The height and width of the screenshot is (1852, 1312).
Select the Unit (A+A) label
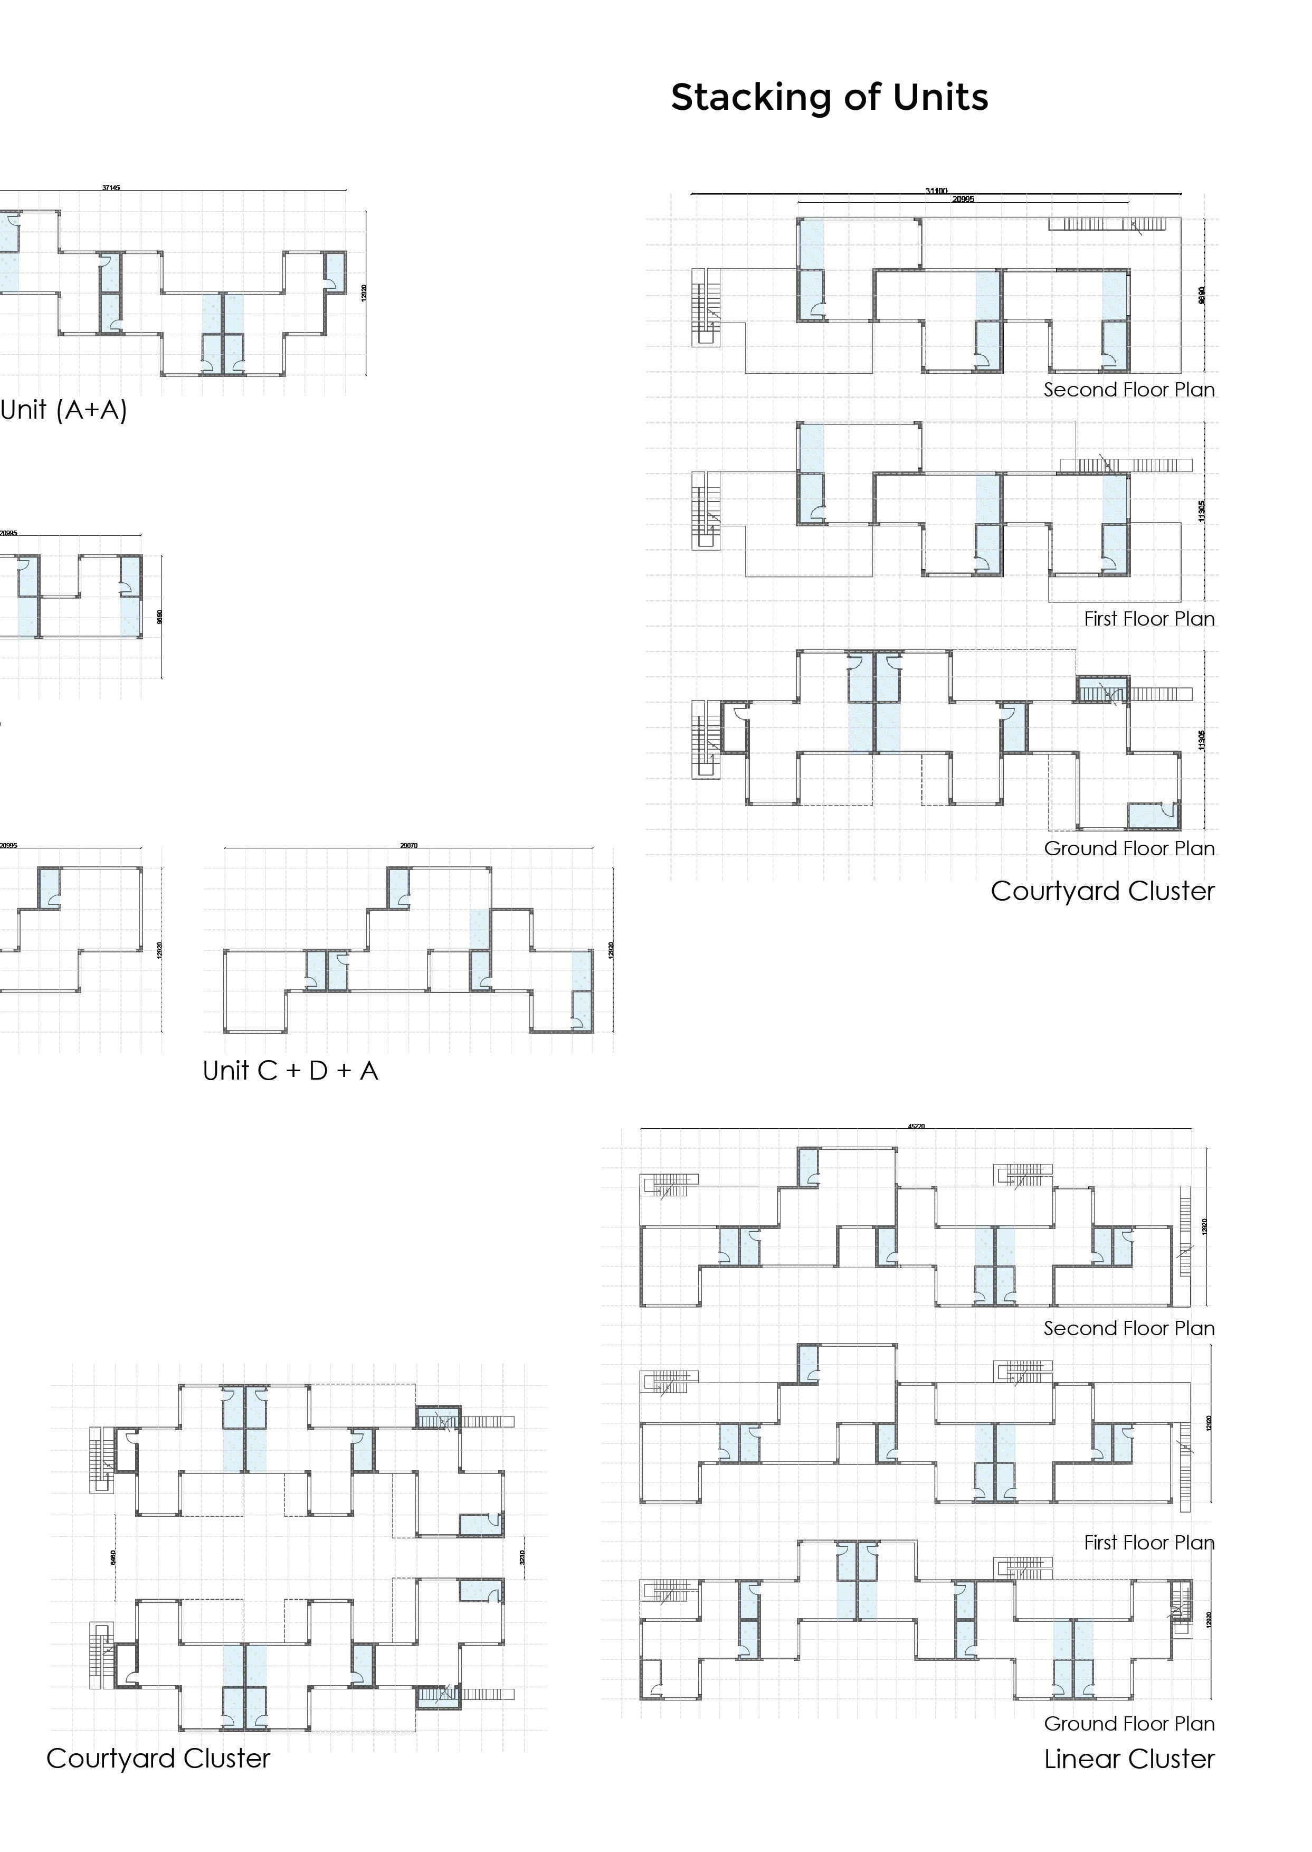pos(64,410)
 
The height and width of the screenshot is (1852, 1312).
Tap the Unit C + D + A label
pos(290,1071)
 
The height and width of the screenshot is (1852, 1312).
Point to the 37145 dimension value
pos(111,187)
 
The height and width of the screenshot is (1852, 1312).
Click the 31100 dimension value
pos(936,191)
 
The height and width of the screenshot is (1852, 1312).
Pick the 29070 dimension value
pos(409,845)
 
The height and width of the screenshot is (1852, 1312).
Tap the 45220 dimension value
pos(916,1126)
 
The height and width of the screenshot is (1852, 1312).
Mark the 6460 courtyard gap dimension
pos(113,1556)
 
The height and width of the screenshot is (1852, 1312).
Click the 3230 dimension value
pos(522,1556)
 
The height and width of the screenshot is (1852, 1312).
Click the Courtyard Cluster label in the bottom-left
pos(158,1757)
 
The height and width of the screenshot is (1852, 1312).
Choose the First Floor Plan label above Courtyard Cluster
pos(1149,618)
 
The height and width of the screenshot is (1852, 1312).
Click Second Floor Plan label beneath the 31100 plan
pos(1129,390)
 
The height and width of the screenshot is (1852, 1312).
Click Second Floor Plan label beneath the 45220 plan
pos(1129,1328)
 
